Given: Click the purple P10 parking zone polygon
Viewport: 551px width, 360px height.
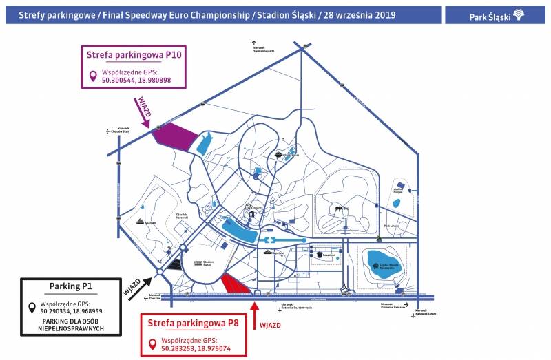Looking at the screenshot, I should click(176, 134).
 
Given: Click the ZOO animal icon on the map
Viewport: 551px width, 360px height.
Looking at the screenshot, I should click(339, 209).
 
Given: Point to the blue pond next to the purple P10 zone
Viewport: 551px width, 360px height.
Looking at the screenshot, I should click(205, 145).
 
